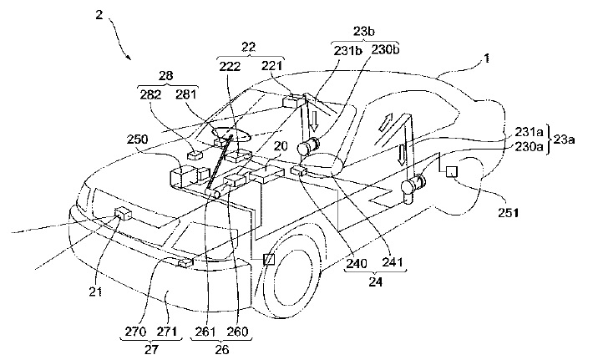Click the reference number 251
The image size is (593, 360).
click(508, 213)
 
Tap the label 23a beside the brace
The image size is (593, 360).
click(565, 139)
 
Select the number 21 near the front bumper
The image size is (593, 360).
click(95, 292)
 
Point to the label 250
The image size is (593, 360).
click(137, 139)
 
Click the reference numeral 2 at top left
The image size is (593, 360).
click(99, 17)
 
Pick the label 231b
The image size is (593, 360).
click(348, 51)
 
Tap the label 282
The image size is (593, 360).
click(150, 94)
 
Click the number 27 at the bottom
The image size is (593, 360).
click(151, 349)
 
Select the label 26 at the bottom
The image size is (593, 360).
click(221, 349)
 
